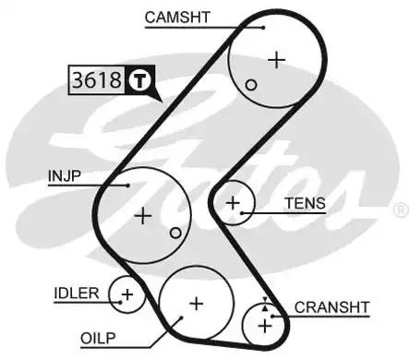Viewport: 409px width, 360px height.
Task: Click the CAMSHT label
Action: pos(176,16)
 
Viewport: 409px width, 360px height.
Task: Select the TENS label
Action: pos(305,203)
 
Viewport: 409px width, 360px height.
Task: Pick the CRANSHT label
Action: pos(331,306)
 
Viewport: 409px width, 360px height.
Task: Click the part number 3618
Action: pos(96,80)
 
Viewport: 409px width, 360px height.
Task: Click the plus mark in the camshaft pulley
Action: pos(276,59)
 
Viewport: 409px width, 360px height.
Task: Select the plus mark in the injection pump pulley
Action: pos(142,216)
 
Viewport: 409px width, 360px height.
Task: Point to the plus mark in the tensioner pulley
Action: pos(233,202)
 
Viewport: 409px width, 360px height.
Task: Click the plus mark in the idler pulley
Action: pos(126,295)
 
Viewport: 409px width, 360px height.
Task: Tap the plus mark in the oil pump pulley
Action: pos(195,302)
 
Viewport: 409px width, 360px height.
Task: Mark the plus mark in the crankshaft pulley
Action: pos(266,325)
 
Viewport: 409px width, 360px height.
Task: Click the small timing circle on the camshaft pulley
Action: pos(251,84)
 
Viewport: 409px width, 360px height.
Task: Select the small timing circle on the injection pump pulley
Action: pos(175,233)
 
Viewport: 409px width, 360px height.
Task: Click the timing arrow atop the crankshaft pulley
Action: pos(266,302)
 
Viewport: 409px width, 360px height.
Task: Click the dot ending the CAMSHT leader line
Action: pos(263,27)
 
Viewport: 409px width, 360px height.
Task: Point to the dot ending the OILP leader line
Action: pos(182,316)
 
